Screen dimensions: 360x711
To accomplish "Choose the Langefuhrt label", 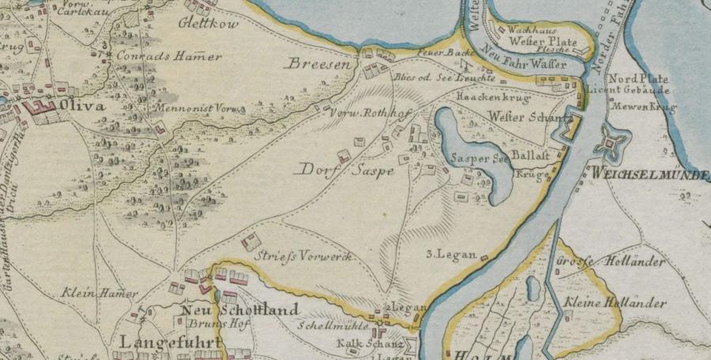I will point(160,343).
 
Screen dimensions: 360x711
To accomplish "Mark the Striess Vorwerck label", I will point(303,257).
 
